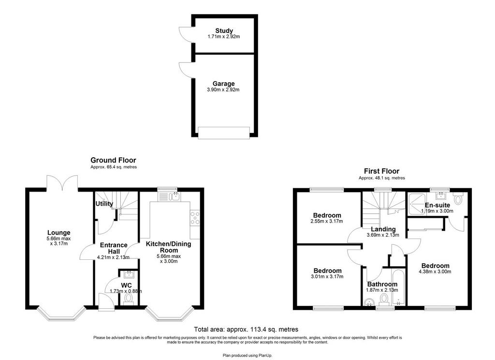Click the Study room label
[x=224, y=30]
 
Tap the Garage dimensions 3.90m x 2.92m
[x=223, y=90]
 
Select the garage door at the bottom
[x=224, y=133]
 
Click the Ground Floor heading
[x=113, y=160]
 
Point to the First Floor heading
[x=382, y=171]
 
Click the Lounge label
[x=58, y=233]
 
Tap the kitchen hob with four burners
[x=195, y=218]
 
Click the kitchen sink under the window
[x=174, y=196]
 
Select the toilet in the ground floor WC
[x=128, y=299]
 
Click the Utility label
[x=104, y=204]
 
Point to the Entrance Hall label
[x=114, y=248]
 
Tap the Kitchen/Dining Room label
[x=169, y=247]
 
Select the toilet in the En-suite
[x=458, y=198]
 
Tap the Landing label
[x=383, y=229]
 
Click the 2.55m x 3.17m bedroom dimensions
[x=327, y=221]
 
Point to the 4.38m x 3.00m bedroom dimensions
[x=435, y=271]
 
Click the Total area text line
[x=246, y=330]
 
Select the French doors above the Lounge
[x=62, y=183]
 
